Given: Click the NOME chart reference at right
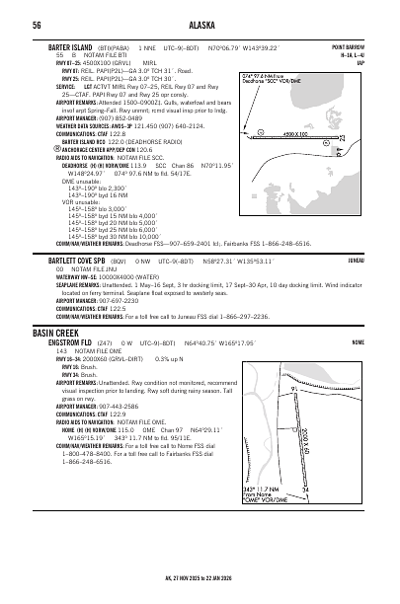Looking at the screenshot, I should (x=358, y=343).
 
